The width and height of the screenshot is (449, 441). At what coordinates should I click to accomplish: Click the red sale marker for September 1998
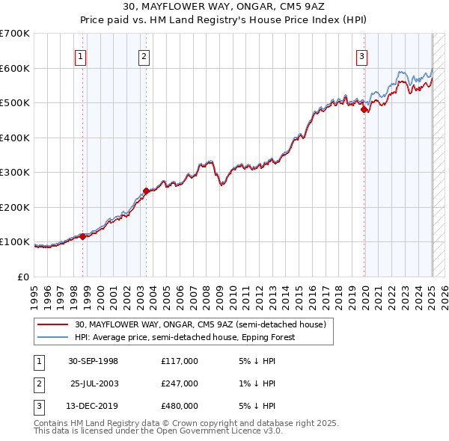(83, 236)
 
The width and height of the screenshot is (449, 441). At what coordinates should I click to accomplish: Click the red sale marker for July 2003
(146, 191)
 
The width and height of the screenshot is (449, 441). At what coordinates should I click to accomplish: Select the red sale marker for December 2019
(364, 110)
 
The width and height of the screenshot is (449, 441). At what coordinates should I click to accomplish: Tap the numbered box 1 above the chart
(80, 55)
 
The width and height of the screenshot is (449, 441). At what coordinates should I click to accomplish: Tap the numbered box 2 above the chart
(143, 55)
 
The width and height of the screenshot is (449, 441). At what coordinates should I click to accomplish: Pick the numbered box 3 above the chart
(361, 55)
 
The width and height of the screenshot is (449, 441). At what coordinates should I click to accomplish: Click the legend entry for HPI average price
(185, 337)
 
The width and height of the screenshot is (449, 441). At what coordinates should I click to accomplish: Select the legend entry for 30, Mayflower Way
(200, 325)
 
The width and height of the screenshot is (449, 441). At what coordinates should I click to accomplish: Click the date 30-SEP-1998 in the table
(93, 361)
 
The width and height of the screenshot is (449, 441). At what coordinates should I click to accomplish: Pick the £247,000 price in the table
(180, 383)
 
